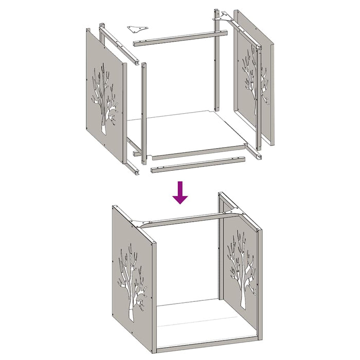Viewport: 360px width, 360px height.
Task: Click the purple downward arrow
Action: point(180,193)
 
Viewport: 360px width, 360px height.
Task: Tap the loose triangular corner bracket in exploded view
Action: point(137,27)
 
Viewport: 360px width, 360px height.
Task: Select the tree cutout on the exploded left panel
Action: point(105,98)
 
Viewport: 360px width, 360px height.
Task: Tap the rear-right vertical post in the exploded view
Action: point(217,62)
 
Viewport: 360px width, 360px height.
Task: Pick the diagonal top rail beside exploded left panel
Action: point(119,46)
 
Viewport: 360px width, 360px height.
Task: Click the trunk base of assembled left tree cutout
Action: point(131,314)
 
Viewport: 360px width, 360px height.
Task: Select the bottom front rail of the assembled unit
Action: point(206,343)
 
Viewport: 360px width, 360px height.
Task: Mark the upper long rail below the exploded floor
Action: point(198,153)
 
